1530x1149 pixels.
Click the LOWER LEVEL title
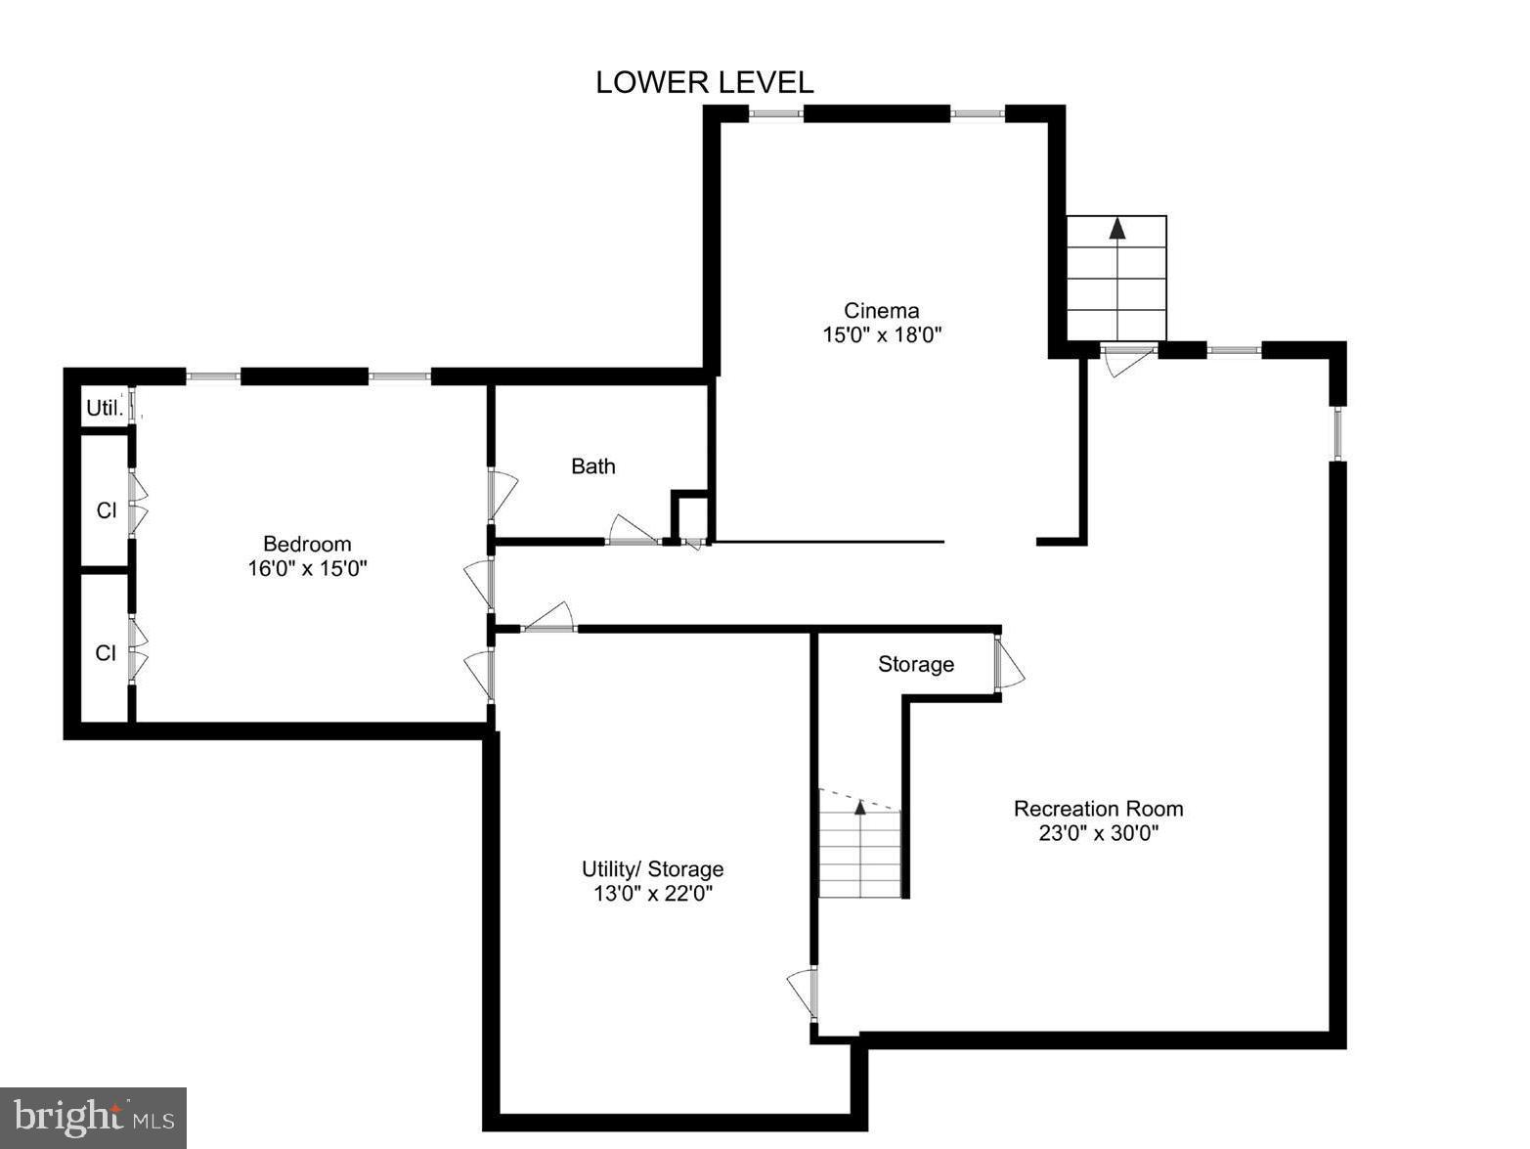click(x=704, y=83)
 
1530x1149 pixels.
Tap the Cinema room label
click(x=882, y=311)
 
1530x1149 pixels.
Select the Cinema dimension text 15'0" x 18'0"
click(x=882, y=335)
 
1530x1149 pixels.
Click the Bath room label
click(x=593, y=466)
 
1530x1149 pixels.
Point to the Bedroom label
click(x=307, y=544)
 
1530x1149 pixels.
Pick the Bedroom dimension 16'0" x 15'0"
click(x=307, y=568)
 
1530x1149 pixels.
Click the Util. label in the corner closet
click(x=105, y=409)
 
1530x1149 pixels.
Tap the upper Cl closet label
click(x=106, y=510)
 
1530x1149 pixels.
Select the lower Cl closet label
click(x=106, y=653)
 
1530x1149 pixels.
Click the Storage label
click(x=916, y=665)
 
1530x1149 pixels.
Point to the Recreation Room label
click(x=1098, y=809)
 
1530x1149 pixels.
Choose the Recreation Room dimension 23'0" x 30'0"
click(x=1098, y=833)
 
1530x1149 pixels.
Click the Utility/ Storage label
click(x=652, y=868)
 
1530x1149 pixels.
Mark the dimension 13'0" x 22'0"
click(x=652, y=893)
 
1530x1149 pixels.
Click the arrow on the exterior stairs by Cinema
click(x=1116, y=230)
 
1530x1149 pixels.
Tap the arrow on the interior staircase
click(x=860, y=808)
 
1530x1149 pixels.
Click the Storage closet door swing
click(x=1009, y=665)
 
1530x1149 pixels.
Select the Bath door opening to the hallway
click(x=632, y=531)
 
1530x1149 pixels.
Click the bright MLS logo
click(x=93, y=1117)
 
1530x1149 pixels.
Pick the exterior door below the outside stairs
click(x=1127, y=360)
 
